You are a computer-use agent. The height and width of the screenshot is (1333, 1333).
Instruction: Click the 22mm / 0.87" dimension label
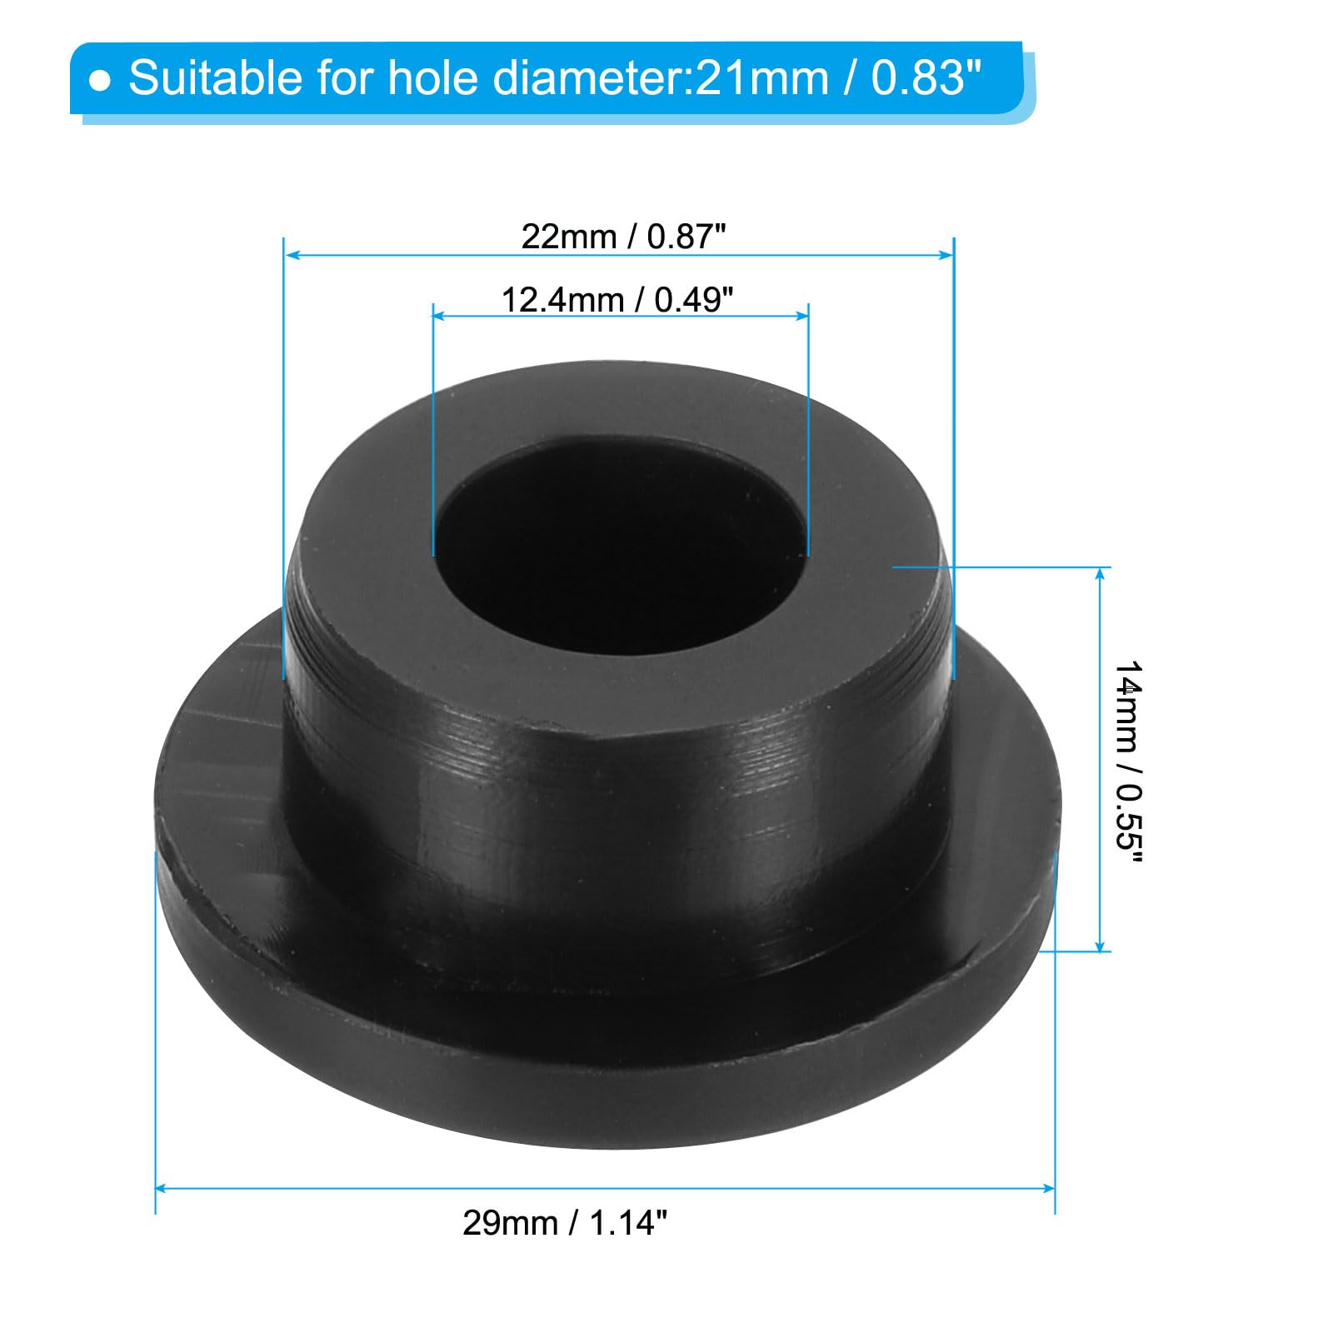(x=624, y=237)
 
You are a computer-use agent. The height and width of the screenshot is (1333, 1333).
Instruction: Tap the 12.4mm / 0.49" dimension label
(x=617, y=300)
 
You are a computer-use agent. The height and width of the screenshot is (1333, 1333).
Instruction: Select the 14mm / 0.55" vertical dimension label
(x=1128, y=763)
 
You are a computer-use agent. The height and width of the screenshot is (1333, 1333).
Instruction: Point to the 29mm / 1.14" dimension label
(x=566, y=1223)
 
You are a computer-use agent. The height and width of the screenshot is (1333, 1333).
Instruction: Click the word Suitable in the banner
(x=214, y=78)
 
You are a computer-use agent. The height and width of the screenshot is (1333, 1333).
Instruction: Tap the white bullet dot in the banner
(x=100, y=81)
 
